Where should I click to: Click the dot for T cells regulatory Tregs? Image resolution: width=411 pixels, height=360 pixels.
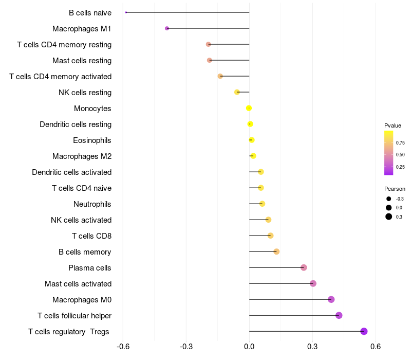pos(364,331)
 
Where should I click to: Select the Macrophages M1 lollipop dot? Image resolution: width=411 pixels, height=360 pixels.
pos(167,28)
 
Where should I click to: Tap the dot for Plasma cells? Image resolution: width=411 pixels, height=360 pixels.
pos(304,267)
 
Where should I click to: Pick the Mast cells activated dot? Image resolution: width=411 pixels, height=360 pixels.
pos(313,283)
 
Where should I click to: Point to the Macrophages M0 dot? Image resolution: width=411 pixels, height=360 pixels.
pos(331,299)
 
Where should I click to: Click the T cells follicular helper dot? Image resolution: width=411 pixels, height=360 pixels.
pos(339,315)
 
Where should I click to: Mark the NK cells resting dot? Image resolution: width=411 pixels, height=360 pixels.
pos(237,92)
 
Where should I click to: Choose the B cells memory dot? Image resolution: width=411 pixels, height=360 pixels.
pos(276,251)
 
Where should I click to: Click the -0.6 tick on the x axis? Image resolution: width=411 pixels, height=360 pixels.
pos(123,346)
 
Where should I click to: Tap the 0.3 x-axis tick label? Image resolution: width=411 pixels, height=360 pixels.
pos(312,346)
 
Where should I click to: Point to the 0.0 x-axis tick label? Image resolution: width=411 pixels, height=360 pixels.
pos(249,346)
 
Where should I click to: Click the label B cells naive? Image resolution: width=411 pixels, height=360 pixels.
pos(90,13)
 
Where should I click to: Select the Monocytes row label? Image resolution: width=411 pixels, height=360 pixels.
pos(92,109)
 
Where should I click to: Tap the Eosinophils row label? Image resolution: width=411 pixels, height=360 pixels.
pos(92,140)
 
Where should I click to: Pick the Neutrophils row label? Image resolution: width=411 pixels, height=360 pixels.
pos(92,204)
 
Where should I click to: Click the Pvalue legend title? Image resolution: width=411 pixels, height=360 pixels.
pos(393,125)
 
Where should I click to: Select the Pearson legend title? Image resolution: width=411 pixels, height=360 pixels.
pos(395,189)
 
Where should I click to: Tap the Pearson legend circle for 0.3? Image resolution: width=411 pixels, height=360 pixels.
pos(389,217)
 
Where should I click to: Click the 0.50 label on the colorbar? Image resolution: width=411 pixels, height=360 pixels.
pos(400,155)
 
